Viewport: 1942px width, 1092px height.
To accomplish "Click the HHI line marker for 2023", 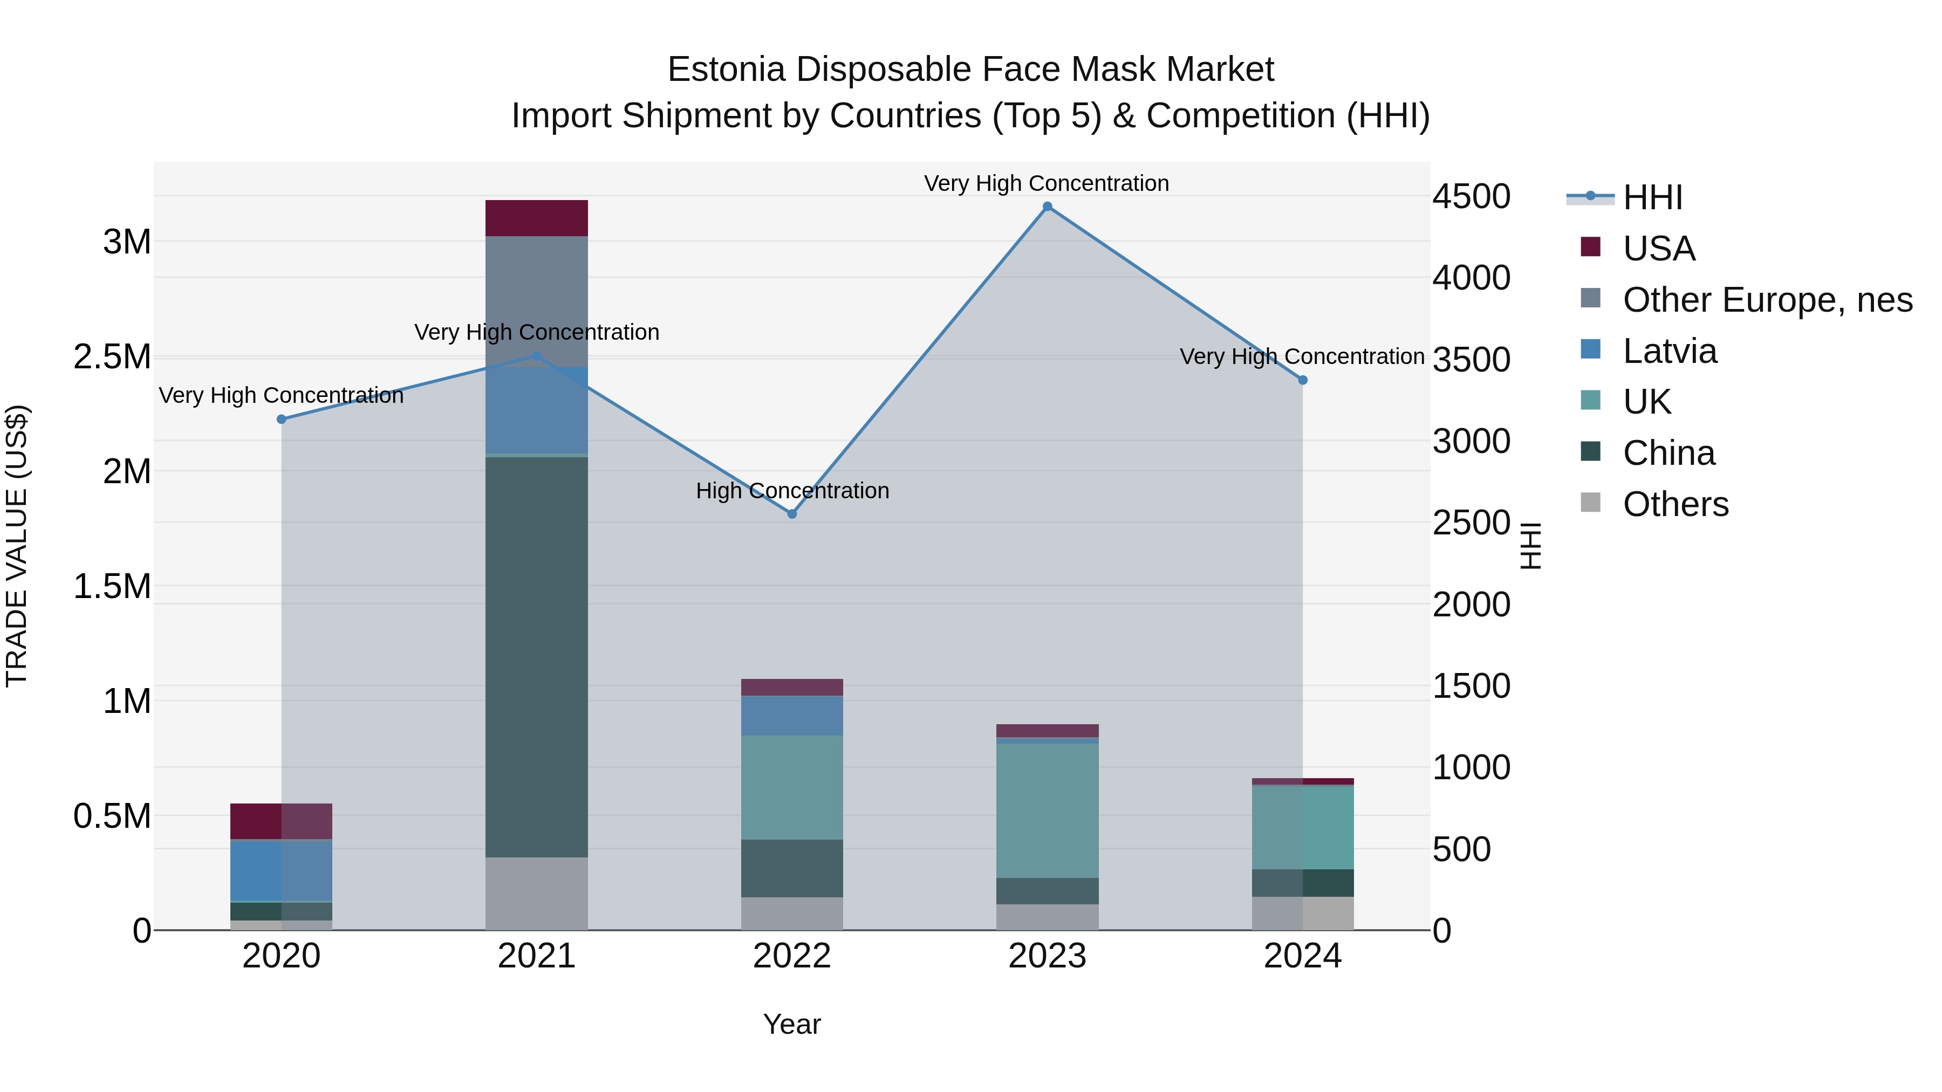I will click(x=1047, y=207).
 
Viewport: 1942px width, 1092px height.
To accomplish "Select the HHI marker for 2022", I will click(x=791, y=514).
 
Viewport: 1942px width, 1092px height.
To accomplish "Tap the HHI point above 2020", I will click(x=281, y=419).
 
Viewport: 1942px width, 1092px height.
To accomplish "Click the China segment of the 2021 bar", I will click(x=536, y=656).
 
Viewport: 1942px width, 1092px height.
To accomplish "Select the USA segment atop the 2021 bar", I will click(x=536, y=218).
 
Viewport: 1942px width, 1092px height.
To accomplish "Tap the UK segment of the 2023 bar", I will click(x=1047, y=810).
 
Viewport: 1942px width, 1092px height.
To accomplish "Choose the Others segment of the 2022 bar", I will click(x=791, y=914).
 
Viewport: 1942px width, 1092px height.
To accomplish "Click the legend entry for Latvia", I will click(x=1669, y=351).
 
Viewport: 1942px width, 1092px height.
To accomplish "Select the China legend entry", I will click(x=1669, y=453).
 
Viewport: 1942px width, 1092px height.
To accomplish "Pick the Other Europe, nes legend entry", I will click(x=1767, y=300).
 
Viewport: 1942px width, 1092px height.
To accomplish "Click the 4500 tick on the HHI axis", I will click(x=1471, y=197).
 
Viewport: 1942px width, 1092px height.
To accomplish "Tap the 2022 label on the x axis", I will click(x=791, y=956).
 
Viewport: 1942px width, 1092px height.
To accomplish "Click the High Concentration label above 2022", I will click(x=791, y=491).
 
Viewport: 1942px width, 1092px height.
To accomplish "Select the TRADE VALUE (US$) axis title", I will click(x=17, y=546).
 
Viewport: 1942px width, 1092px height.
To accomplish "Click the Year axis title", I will click(x=791, y=1024).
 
